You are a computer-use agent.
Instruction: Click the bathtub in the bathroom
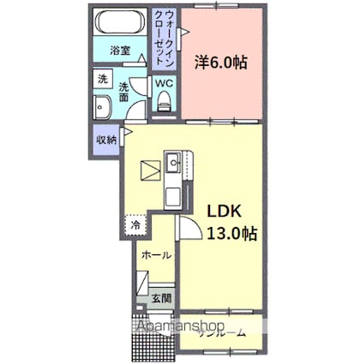(x=121, y=23)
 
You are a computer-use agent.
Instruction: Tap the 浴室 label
(x=120, y=51)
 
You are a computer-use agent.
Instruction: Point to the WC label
(x=164, y=83)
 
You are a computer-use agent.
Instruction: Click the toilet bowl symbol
(x=165, y=102)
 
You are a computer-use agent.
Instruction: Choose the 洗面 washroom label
(x=124, y=92)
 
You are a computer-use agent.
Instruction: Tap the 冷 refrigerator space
(x=136, y=224)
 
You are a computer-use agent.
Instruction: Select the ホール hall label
(x=156, y=255)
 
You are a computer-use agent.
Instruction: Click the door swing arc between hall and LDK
(x=189, y=229)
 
